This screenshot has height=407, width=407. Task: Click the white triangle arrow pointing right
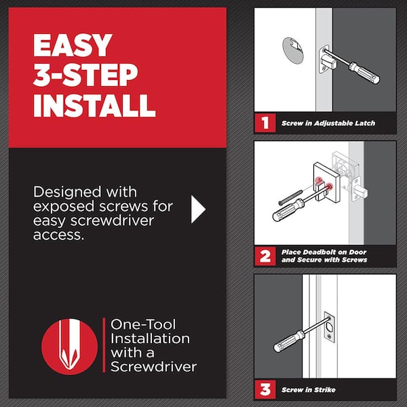pos(197,210)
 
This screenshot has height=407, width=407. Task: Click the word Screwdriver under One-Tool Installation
pos(153,367)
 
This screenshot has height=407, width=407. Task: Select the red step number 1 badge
pos(263,123)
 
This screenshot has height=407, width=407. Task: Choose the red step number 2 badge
pos(263,256)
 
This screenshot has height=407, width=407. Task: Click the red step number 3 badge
pos(263,389)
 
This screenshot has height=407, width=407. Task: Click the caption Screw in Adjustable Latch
pos(328,123)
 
